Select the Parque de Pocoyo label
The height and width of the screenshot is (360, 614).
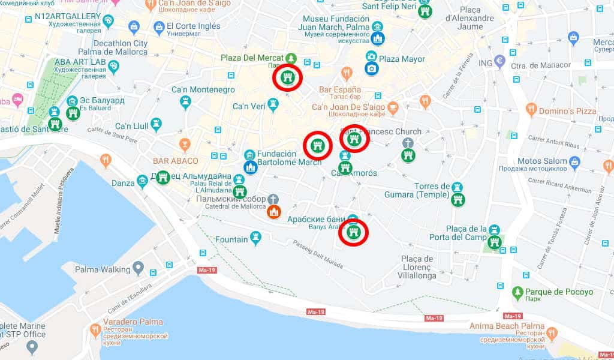tap(560, 292)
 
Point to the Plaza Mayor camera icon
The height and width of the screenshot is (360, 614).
tap(372, 68)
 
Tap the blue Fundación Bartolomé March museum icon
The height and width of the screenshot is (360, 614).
tap(251, 167)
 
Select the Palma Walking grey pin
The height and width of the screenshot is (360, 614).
tap(139, 266)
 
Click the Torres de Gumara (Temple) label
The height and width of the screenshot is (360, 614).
tap(423, 190)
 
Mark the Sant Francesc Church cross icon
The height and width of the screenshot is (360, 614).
tap(408, 143)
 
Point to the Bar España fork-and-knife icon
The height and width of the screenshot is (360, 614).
tap(346, 74)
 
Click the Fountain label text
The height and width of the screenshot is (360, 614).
tap(231, 239)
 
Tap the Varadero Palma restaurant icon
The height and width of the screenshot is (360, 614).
tap(95, 330)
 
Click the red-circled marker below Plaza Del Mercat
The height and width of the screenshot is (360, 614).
tap(288, 78)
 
